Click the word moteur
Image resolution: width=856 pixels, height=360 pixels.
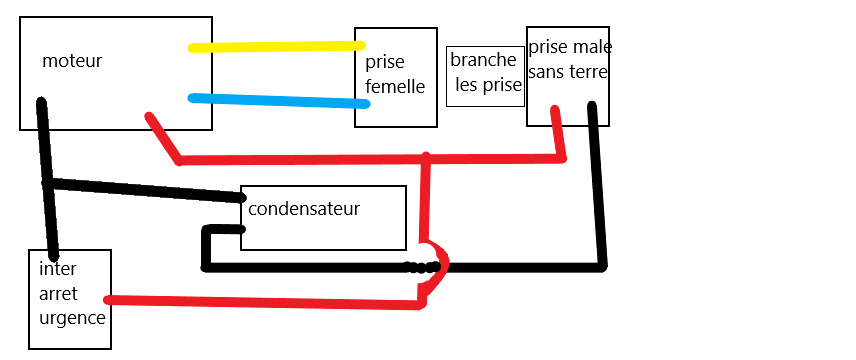tap(72, 61)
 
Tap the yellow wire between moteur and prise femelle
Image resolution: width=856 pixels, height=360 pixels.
tap(276, 47)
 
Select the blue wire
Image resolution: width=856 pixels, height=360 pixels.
tap(279, 101)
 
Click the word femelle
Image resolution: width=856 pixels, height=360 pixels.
tap(395, 86)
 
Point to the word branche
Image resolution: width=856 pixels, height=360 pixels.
tap(483, 60)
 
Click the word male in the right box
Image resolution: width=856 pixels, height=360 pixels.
tap(592, 48)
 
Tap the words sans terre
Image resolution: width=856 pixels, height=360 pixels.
tap(568, 72)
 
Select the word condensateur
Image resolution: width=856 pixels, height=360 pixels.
tap(304, 209)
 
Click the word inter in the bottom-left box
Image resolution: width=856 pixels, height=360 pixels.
tap(58, 269)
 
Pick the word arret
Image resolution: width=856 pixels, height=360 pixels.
tap(58, 294)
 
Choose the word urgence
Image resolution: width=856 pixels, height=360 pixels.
tap(72, 318)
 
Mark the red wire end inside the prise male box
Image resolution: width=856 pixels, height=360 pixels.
tap(555, 110)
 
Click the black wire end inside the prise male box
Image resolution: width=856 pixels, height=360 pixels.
tap(592, 106)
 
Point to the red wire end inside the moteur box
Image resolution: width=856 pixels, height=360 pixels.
tap(148, 116)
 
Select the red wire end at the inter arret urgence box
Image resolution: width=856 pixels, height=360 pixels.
tap(108, 299)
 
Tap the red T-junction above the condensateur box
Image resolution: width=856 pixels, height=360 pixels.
tap(426, 159)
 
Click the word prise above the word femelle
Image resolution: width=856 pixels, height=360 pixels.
tap(385, 62)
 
